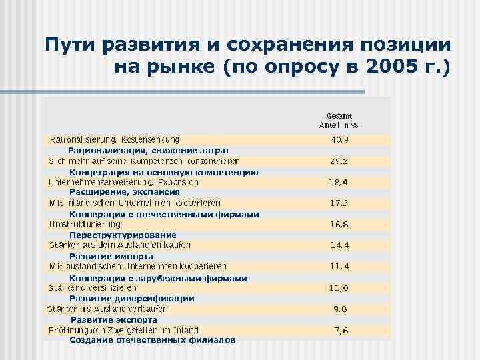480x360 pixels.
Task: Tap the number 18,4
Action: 338,182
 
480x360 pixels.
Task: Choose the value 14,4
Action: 340,245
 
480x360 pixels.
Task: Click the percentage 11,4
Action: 340,267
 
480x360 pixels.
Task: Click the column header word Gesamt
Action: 339,115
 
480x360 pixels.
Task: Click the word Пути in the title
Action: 70,45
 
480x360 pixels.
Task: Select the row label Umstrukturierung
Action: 85,225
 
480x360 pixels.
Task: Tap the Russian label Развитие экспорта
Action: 114,319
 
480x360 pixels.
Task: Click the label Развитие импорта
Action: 111,256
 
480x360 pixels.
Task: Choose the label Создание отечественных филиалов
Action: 152,340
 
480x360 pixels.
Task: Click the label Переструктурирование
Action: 123,235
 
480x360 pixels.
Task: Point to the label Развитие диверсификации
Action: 131,298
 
